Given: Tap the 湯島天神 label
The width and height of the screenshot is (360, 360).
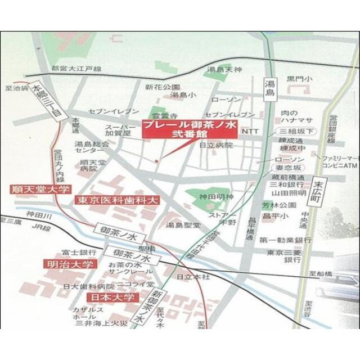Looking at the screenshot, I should [x=224, y=70].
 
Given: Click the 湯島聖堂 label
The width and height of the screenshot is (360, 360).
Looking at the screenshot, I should [x=183, y=226].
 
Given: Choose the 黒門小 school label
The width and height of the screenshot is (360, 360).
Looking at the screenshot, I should [x=299, y=79].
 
